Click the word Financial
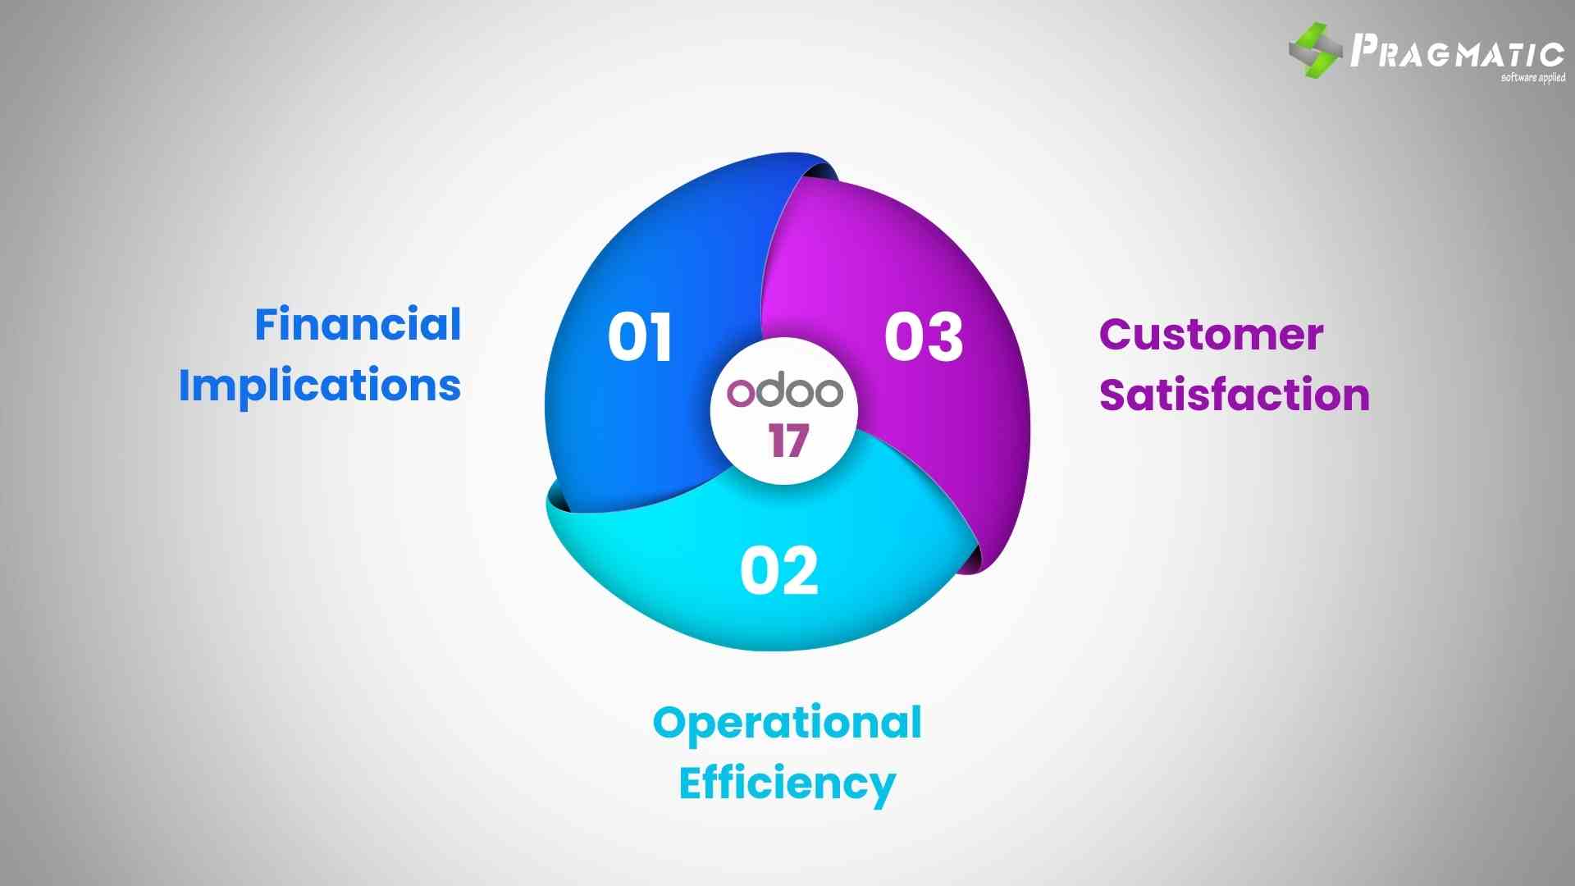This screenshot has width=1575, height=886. pyautogui.click(x=358, y=324)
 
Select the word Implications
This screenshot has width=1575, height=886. pyautogui.click(x=320, y=385)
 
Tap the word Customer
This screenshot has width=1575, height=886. pyautogui.click(x=1211, y=335)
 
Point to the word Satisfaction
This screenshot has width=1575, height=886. pyautogui.click(x=1234, y=395)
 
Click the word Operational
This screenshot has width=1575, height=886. pyautogui.click(x=787, y=723)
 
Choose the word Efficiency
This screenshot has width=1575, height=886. pyautogui.click(x=787, y=783)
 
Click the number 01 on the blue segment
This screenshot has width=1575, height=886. pyautogui.click(x=640, y=336)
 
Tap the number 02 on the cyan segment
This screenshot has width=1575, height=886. pyautogui.click(x=778, y=571)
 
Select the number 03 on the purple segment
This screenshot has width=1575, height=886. pyautogui.click(x=923, y=336)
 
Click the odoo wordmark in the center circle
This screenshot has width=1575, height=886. pyautogui.click(x=785, y=392)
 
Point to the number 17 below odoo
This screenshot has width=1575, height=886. pyautogui.click(x=788, y=441)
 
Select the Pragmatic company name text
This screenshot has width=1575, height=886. pyautogui.click(x=1457, y=52)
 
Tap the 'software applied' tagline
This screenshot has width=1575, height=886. pyautogui.click(x=1532, y=78)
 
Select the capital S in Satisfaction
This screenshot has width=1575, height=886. pyautogui.click(x=1114, y=395)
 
